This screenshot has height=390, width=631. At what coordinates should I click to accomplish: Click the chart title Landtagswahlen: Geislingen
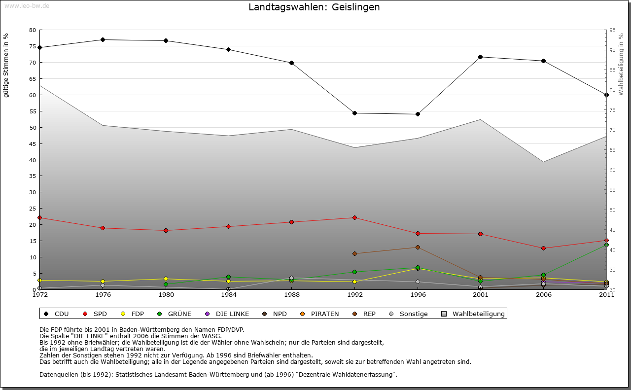pos(314,7)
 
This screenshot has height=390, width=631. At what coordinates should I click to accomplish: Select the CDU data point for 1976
pos(103,39)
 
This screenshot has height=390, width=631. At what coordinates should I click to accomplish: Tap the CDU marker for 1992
pos(354,113)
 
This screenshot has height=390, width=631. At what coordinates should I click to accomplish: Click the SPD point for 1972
pos(39,217)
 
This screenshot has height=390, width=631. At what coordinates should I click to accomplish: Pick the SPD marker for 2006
pos(543,248)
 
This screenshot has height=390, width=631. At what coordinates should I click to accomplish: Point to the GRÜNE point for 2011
pos(606,245)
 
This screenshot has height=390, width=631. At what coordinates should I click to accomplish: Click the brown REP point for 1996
pos(418,247)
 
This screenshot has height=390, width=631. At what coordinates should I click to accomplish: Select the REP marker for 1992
pos(354,253)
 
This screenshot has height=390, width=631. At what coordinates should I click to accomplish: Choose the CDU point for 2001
pos(480,57)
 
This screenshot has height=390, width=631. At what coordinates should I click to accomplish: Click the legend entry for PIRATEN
pos(320,314)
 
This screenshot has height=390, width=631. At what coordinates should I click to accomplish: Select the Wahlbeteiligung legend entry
pos(474,314)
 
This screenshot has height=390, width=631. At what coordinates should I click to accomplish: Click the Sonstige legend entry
pos(409,314)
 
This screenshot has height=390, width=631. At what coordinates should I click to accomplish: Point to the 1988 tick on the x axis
pos(291,295)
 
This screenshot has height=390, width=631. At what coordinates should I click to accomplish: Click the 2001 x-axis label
pos(480,295)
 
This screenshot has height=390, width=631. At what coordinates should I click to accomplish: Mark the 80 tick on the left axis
pos(33,30)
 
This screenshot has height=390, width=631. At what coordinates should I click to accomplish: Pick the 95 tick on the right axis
pos(612,30)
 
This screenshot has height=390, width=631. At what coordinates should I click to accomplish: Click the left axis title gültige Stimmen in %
pos(6,66)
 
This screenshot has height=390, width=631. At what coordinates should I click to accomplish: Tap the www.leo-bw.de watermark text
pos(27,5)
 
